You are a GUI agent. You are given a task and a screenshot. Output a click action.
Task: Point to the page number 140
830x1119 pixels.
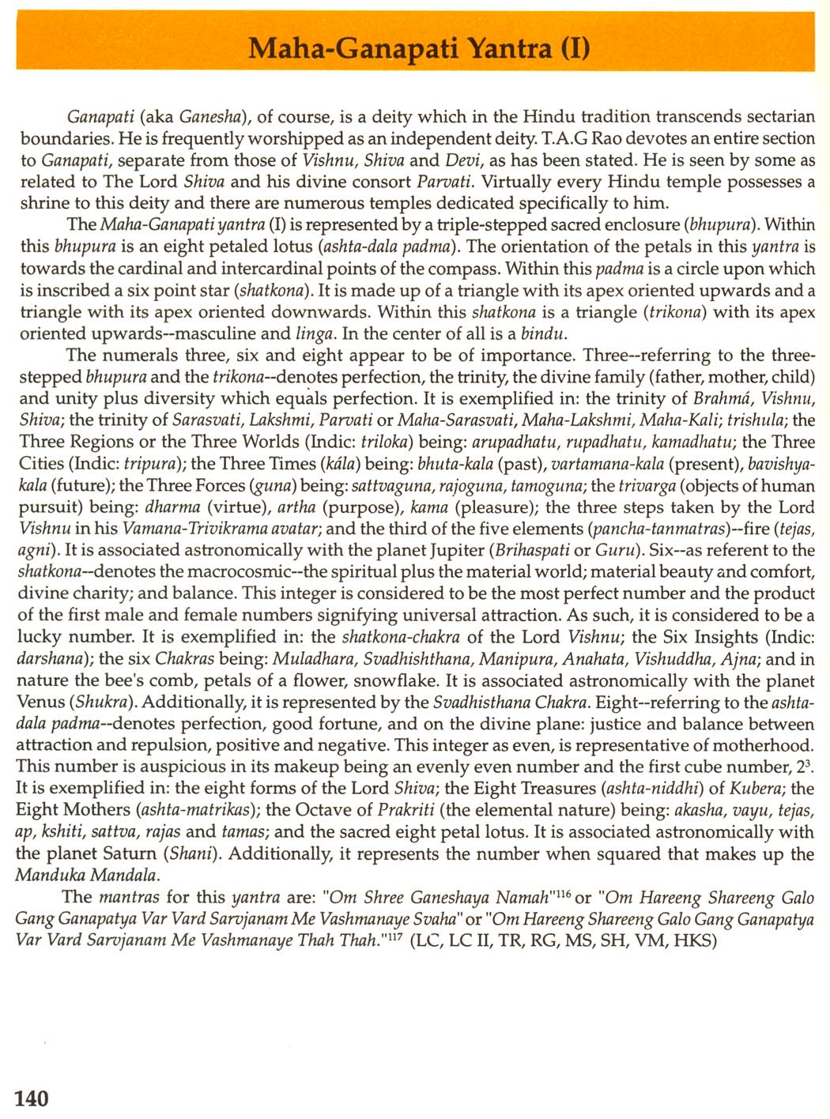click(32, 1098)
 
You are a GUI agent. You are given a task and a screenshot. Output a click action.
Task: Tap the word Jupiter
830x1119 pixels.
click(449, 550)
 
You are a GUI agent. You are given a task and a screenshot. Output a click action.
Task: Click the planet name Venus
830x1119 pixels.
click(43, 702)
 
